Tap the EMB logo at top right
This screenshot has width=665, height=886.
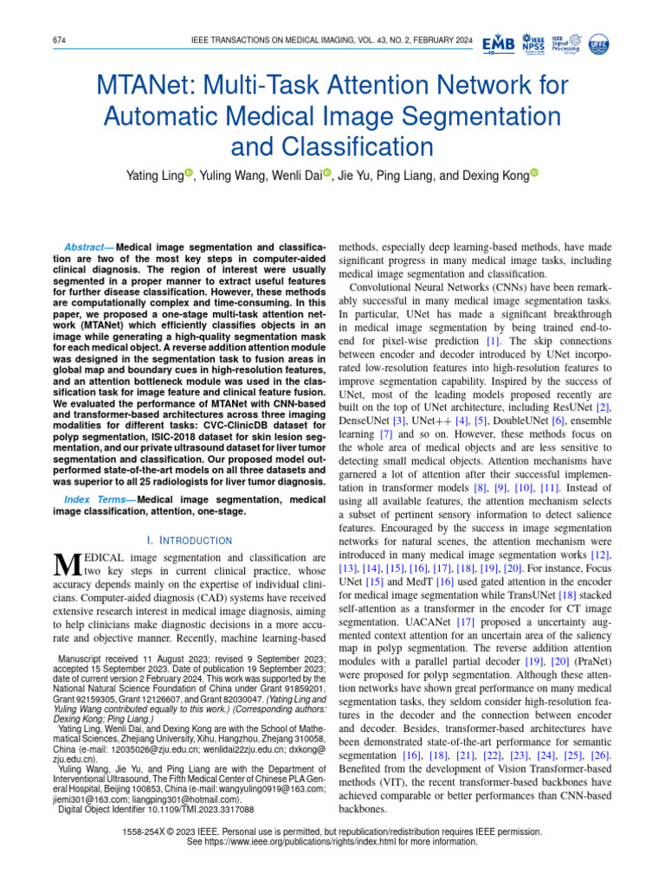498,44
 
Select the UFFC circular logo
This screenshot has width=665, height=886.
598,44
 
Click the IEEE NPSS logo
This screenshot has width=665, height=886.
534,44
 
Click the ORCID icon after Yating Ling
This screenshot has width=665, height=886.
189,175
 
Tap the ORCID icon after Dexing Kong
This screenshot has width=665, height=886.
533,175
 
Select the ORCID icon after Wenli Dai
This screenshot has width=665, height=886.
327,175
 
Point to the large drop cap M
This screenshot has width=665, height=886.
67,564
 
